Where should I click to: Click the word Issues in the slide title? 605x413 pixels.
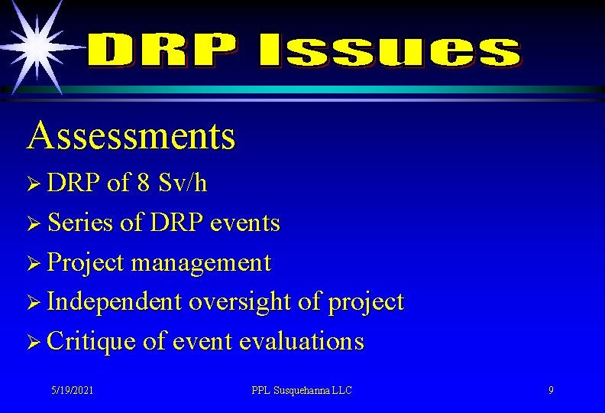coord(388,51)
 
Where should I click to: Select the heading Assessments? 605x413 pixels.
coord(131,135)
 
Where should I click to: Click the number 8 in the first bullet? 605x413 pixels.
coord(143,184)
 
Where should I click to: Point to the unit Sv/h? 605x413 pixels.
coord(182,184)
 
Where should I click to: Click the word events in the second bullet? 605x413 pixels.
coord(244,223)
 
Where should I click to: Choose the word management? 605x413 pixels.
coord(201,263)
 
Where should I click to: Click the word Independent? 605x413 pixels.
coord(115,302)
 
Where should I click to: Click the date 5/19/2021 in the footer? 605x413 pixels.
coord(73,391)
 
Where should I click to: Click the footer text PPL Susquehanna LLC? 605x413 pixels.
coord(302,391)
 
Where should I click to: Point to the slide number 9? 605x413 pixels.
coord(551,391)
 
